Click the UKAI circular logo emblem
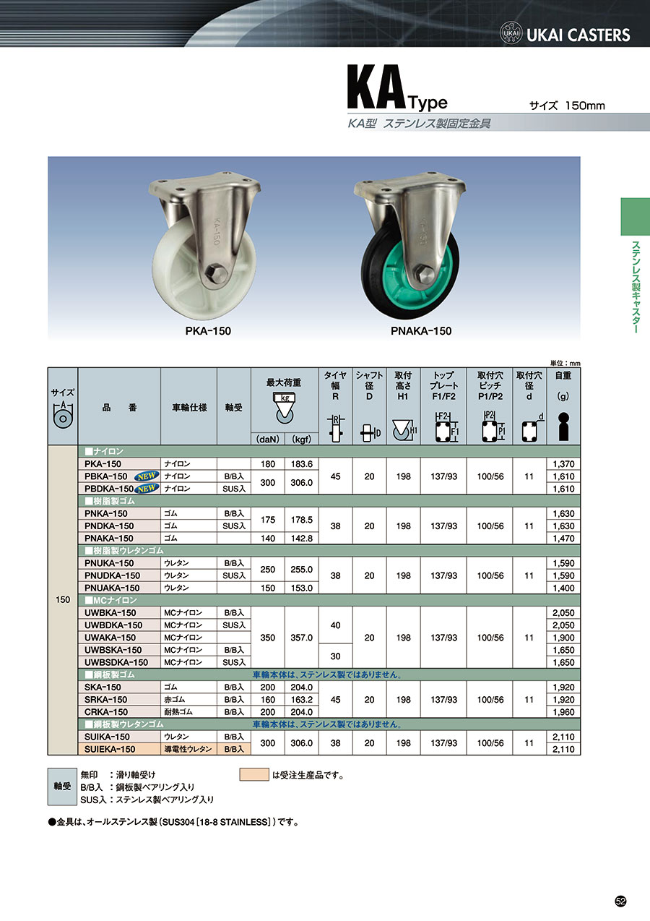[x=511, y=33]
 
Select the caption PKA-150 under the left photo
[x=208, y=331]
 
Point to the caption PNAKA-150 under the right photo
[x=421, y=331]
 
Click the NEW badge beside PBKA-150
[x=147, y=476]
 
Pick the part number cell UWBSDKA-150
[x=116, y=662]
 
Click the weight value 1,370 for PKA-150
[x=563, y=464]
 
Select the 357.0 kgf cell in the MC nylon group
[x=302, y=638]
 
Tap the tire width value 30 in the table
[x=335, y=656]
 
